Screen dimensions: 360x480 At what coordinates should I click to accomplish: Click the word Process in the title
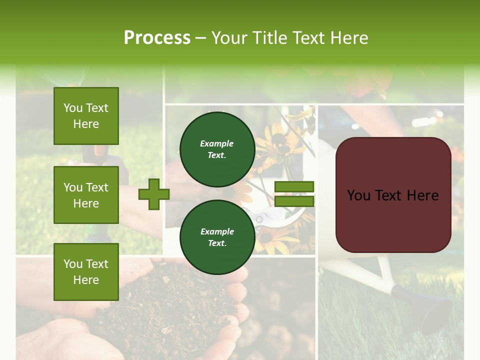[157, 38]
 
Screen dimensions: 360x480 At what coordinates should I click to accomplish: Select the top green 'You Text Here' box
[86, 116]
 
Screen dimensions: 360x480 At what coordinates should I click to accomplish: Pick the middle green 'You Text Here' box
[86, 195]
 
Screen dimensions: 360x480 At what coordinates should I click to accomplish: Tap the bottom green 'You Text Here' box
[86, 272]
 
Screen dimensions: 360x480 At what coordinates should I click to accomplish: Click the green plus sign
[154, 194]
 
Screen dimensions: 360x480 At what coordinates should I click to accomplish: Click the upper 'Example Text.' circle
[217, 149]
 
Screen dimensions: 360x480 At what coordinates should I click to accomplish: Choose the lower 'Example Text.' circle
[217, 237]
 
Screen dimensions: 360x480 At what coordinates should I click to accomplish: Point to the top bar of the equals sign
[294, 187]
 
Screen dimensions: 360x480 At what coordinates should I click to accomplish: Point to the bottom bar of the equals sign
[294, 201]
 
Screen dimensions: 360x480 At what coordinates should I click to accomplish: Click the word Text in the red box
[390, 195]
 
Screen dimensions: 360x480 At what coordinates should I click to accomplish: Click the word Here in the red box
[422, 195]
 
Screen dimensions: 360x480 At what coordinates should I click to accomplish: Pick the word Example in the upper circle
[217, 143]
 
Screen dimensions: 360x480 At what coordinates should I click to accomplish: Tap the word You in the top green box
[72, 108]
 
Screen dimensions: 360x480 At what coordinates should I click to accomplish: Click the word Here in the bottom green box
[86, 280]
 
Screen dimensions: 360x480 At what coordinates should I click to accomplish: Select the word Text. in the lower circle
[217, 243]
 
